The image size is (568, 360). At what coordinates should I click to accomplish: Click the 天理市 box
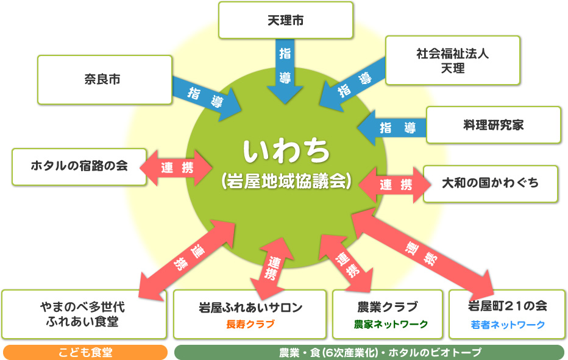point(285,20)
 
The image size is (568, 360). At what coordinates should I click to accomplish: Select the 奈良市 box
point(105,79)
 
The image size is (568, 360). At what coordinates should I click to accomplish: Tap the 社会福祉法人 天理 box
point(452,60)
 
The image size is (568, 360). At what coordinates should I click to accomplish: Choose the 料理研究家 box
point(493,125)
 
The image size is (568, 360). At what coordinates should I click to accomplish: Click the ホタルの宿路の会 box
point(79,166)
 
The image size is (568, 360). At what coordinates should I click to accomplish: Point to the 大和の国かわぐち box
point(490,183)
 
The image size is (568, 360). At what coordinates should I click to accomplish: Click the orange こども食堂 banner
point(85,353)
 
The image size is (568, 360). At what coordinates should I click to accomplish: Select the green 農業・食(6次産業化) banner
point(369,353)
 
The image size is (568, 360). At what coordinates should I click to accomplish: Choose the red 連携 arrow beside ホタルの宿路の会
point(176,168)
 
